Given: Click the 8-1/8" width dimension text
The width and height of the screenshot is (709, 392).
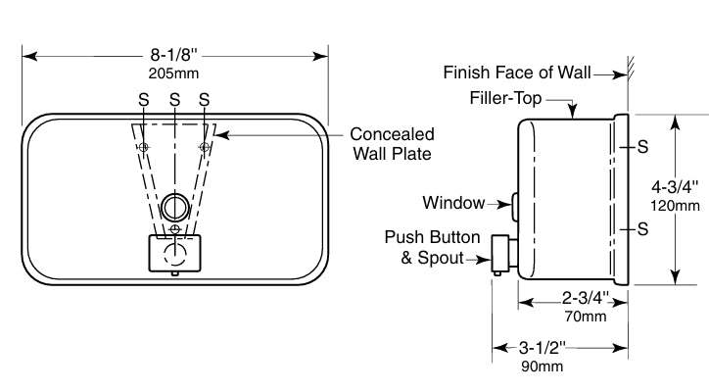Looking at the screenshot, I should (x=173, y=55).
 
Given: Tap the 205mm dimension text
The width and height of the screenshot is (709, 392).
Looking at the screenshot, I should (x=173, y=72).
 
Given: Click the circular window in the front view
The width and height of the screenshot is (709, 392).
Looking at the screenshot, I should (x=174, y=205).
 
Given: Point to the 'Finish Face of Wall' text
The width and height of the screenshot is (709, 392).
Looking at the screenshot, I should (x=523, y=72).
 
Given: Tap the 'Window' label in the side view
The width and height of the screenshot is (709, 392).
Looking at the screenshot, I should (x=453, y=204).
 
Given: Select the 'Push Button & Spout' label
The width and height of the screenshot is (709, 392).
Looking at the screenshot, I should (x=432, y=248).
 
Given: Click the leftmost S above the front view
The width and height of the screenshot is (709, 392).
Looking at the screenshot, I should (x=144, y=99).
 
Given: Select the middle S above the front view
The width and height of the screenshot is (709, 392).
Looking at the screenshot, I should (x=174, y=99).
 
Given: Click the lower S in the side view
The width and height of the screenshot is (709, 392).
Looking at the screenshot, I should (x=642, y=229).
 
